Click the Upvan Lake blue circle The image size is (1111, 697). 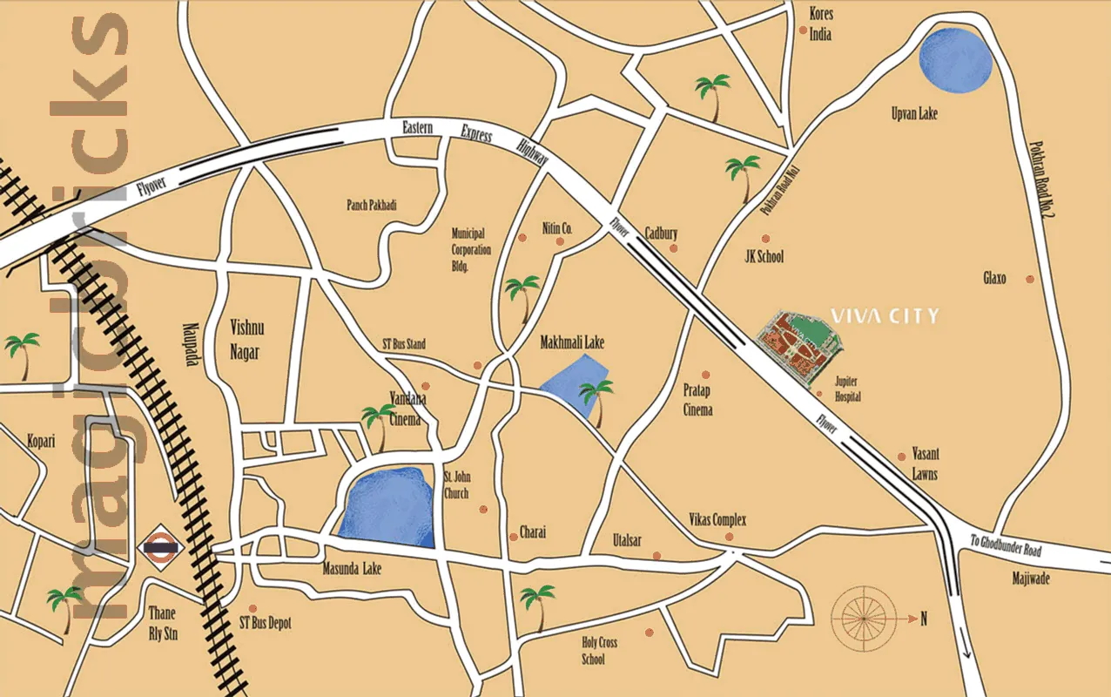(x=955, y=60)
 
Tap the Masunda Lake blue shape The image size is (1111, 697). (x=387, y=506)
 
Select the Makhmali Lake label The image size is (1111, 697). (x=571, y=343)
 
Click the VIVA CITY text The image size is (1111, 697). (x=885, y=315)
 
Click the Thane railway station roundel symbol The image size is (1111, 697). (x=159, y=548)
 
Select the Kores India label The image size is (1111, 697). (x=820, y=24)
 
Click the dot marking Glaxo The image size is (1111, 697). (x=1030, y=279)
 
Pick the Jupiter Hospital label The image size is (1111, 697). (x=847, y=389)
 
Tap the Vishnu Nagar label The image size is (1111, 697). (x=246, y=340)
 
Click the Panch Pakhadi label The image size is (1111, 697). (x=371, y=205)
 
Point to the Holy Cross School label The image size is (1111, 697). (x=599, y=651)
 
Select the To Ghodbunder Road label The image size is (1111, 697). (x=1006, y=545)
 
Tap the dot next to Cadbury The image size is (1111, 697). (x=673, y=248)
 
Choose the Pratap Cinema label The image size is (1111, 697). (x=697, y=402)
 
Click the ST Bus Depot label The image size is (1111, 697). (x=266, y=623)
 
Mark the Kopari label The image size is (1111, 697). (x=40, y=441)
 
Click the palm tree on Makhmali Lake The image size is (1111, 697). (x=597, y=401)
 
